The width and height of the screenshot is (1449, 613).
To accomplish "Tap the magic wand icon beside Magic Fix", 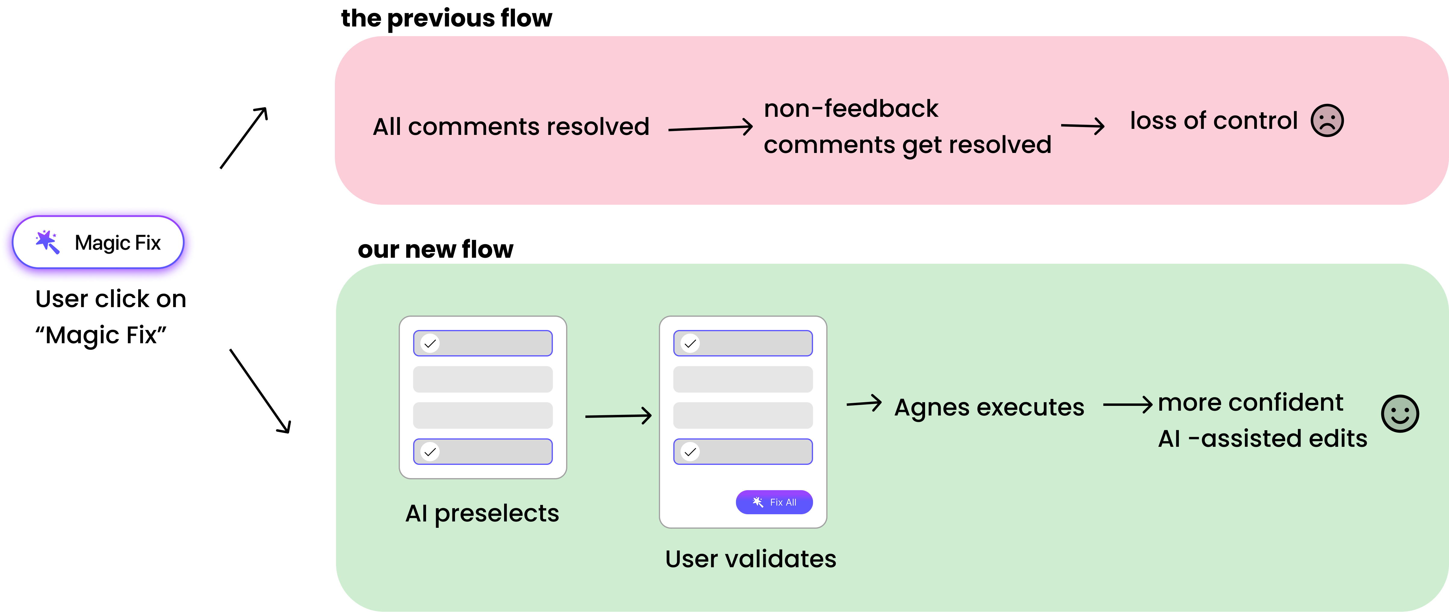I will [x=47, y=242].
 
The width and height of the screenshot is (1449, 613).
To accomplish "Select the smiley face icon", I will [x=1400, y=414].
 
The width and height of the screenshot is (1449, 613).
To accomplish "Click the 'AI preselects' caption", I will [x=482, y=513].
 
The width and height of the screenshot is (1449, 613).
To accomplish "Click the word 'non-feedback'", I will [x=850, y=109].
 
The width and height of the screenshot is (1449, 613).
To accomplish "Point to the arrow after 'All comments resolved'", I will [x=710, y=128].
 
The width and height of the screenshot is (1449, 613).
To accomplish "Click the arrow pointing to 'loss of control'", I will [x=1083, y=126].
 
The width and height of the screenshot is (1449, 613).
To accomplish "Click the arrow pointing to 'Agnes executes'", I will [x=864, y=403].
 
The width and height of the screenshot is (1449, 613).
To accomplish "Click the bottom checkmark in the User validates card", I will [x=690, y=452].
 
